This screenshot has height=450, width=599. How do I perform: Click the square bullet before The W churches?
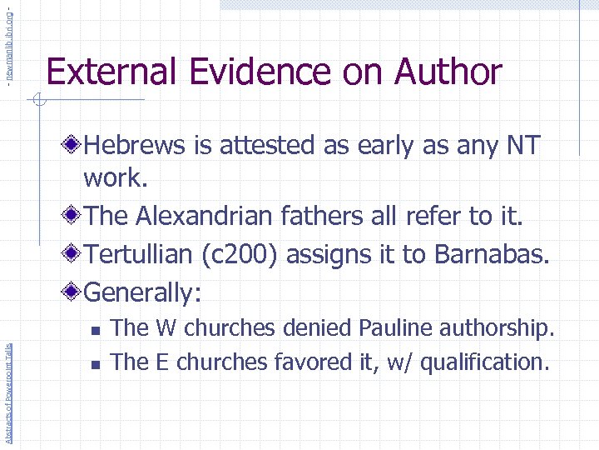97,330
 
